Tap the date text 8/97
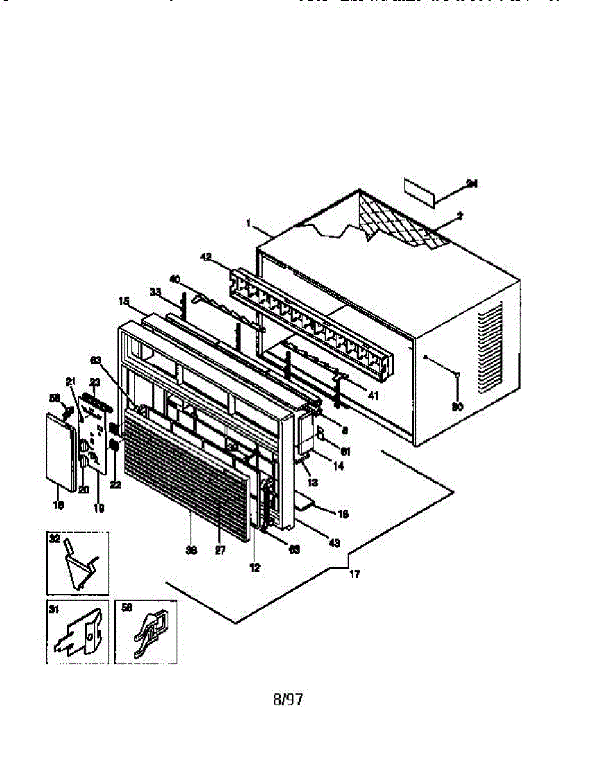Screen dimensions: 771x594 pos(288,700)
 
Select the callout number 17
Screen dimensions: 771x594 pos(354,574)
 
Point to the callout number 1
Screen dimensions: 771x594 pos(248,222)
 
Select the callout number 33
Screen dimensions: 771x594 pos(155,291)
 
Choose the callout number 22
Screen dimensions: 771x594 pos(116,484)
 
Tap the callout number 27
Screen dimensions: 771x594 pos(220,551)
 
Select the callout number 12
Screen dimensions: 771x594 pos(255,568)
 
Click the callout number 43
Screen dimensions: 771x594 pos(334,544)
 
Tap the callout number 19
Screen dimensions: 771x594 pos(99,508)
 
